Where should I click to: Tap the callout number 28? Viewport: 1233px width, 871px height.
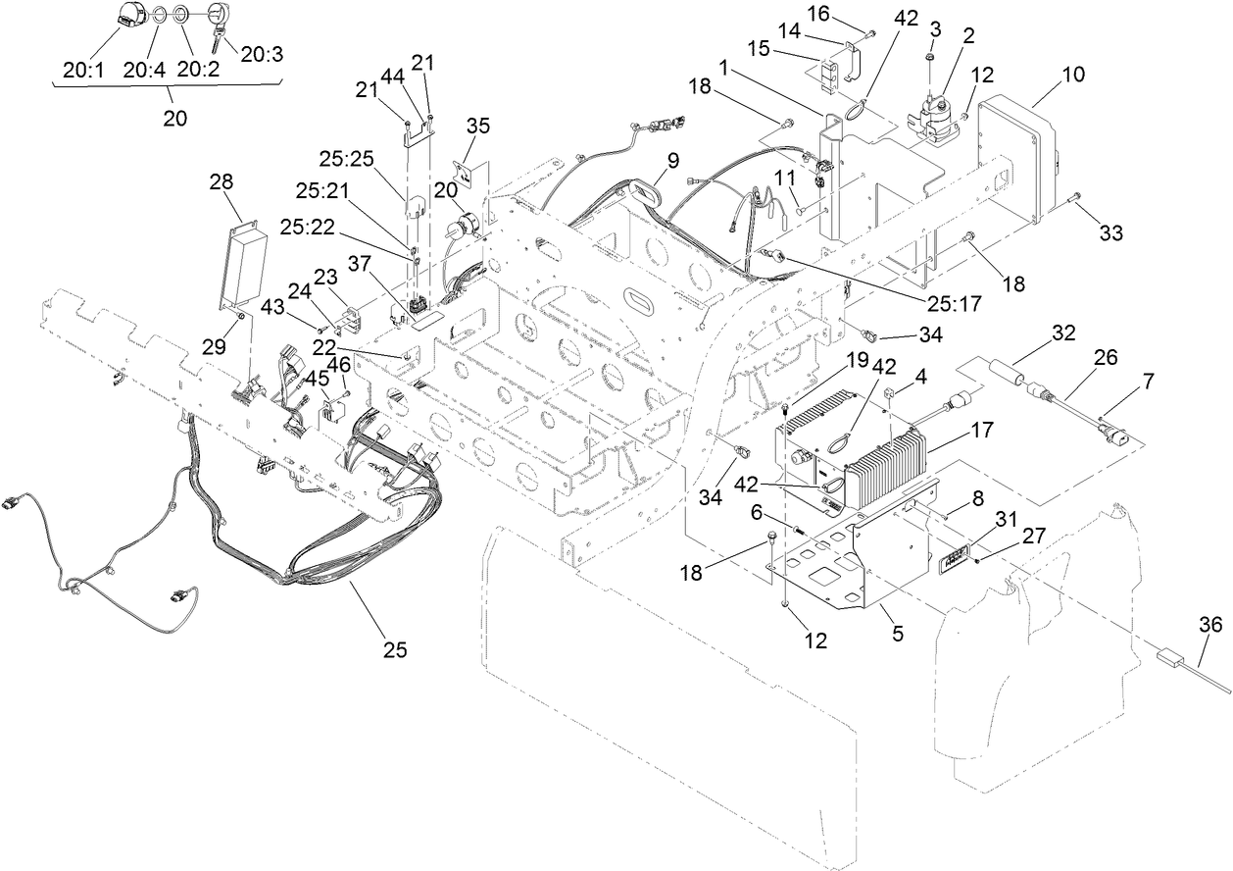coord(222,182)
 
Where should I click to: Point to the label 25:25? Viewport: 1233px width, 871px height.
coord(345,158)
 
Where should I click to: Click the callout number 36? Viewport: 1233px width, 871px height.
coord(1211,623)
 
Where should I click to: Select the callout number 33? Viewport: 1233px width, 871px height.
coord(1110,233)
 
